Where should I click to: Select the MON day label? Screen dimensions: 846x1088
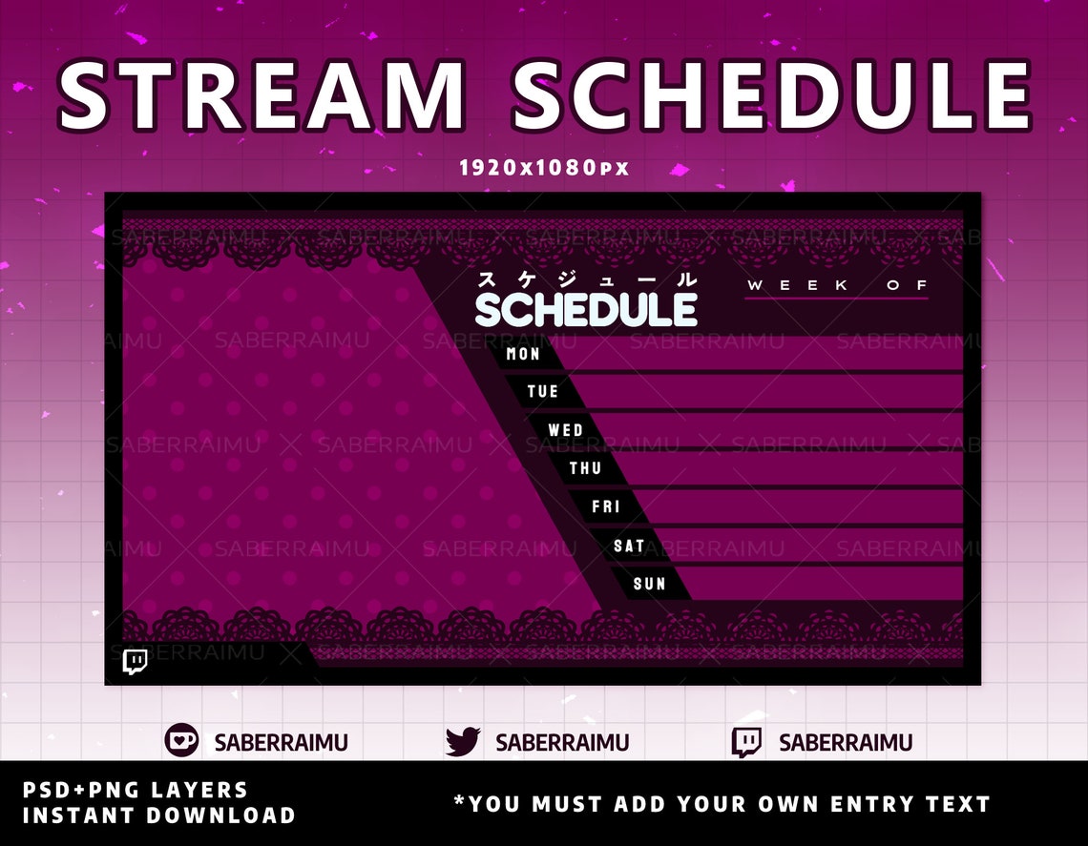pyautogui.click(x=523, y=354)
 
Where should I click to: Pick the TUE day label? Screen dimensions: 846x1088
pyautogui.click(x=543, y=392)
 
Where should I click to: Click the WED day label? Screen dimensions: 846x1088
pyautogui.click(x=565, y=430)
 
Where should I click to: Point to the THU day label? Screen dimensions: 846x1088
pyautogui.click(x=585, y=468)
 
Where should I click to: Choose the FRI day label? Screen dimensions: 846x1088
pyautogui.click(x=606, y=506)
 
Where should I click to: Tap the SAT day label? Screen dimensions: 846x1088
pyautogui.click(x=629, y=546)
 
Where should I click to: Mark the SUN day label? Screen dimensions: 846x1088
pyautogui.click(x=649, y=584)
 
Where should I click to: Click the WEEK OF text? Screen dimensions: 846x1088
pyautogui.click(x=837, y=285)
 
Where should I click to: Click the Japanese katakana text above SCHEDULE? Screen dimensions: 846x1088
pyautogui.click(x=587, y=280)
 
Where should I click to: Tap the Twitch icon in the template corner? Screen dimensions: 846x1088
pyautogui.click(x=136, y=661)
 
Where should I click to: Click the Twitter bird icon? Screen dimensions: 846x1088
pyautogui.click(x=463, y=742)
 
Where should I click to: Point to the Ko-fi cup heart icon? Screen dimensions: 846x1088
pyautogui.click(x=181, y=741)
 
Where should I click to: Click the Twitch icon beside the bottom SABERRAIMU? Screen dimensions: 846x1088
pyautogui.click(x=746, y=742)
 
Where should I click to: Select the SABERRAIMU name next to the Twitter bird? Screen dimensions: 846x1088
pyautogui.click(x=562, y=743)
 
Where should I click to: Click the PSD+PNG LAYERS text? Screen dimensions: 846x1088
pyautogui.click(x=135, y=790)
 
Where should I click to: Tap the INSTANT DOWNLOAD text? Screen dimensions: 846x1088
pyautogui.click(x=158, y=815)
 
